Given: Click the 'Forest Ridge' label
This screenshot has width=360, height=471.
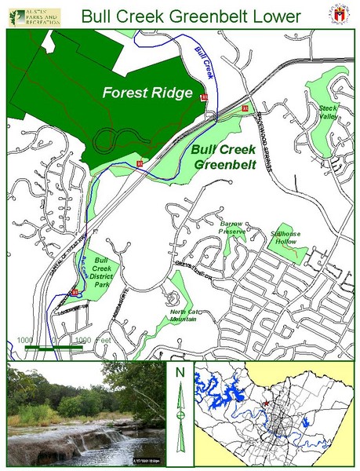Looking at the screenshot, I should [148, 93].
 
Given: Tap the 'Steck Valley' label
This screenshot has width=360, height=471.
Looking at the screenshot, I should [327, 111].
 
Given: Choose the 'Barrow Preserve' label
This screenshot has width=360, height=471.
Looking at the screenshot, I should [234, 228].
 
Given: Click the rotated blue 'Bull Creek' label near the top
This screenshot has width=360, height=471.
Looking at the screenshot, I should [203, 63].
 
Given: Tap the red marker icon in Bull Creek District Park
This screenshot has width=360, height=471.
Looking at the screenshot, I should [75, 292].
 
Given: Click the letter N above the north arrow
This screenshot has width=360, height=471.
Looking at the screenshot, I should [180, 372].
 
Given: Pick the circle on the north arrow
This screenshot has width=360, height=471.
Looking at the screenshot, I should [180, 414].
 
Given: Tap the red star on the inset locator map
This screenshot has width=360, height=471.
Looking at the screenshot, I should [267, 402].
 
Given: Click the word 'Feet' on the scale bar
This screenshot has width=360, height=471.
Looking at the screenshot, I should [104, 339].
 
